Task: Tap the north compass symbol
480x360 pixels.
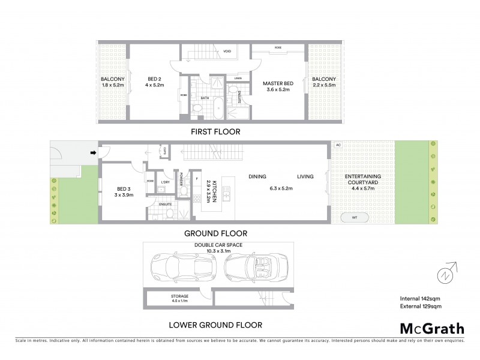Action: click(x=446, y=275)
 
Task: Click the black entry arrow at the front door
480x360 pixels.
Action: click(x=92, y=153)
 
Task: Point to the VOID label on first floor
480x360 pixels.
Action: click(x=227, y=51)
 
